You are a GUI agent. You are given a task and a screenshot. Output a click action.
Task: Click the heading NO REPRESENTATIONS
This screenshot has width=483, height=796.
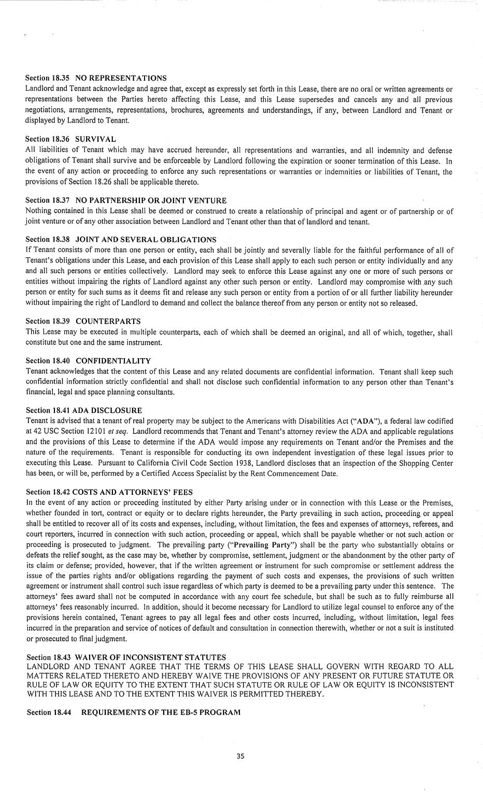tap(121, 78)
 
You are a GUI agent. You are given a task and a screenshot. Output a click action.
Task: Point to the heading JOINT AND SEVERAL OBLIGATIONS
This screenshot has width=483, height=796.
tap(146, 240)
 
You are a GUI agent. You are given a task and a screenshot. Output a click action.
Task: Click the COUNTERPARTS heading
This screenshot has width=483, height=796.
tap(108, 321)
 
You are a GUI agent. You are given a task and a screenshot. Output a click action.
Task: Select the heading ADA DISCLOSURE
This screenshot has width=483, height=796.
tap(108, 410)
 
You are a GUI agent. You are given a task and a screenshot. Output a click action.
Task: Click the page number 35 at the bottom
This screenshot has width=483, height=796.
tap(240, 756)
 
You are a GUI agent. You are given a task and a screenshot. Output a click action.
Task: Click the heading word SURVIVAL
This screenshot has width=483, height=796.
tap(95, 139)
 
